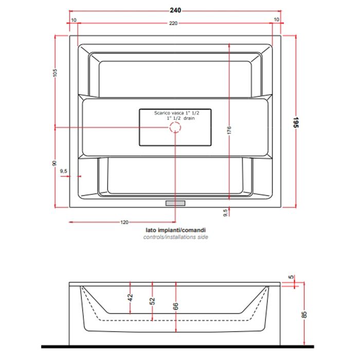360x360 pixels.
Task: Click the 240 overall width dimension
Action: pos(175,10)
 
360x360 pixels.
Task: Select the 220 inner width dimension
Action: pos(173,23)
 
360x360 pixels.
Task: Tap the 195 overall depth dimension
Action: pos(296,122)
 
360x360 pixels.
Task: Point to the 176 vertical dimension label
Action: pos(229,130)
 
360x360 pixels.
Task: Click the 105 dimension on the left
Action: pos(55,73)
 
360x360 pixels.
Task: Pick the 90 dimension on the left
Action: pos(55,163)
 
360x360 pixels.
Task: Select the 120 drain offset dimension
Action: pos(124,222)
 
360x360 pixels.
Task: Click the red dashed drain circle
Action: pos(175,127)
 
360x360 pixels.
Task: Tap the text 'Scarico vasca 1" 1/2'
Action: pos(176,113)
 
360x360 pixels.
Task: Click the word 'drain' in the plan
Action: pos(189,118)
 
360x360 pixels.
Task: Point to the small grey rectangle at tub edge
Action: pos(175,203)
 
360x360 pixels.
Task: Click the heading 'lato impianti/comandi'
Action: pos(176,230)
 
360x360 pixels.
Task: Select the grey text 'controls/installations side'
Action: pos(176,237)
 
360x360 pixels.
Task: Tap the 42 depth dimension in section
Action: pos(130,298)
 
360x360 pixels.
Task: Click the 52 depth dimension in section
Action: pos(152,301)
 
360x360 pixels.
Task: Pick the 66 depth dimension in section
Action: pos(175,306)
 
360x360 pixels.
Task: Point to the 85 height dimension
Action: pos(304,315)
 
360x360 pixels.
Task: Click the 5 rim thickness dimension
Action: pos(291,277)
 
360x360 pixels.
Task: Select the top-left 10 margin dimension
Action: pos(74,20)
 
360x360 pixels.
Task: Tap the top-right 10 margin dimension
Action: pos(277,20)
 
